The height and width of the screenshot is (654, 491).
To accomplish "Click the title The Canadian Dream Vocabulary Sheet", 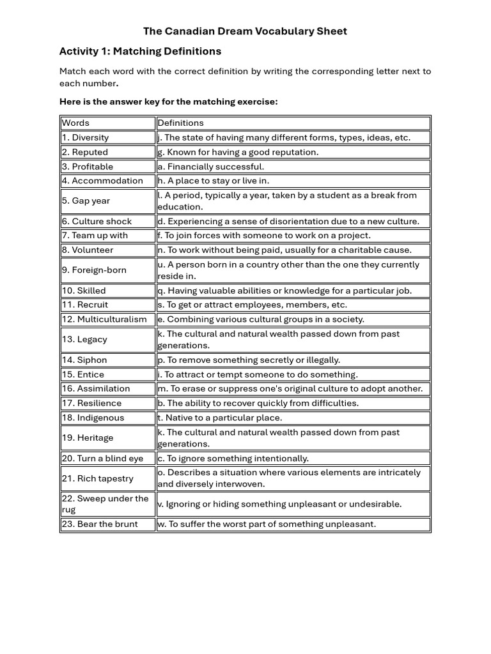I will pyautogui.click(x=245, y=31).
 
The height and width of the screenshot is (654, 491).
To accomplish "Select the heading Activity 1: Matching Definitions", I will pyautogui.click(x=140, y=51).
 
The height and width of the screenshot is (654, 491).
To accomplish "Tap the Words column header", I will pyautogui.click(x=75, y=123).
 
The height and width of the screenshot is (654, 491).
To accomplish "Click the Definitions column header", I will pyautogui.click(x=180, y=123).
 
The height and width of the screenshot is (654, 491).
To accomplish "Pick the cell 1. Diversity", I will pyautogui.click(x=85, y=137).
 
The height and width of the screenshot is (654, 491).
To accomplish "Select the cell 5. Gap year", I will pyautogui.click(x=86, y=201).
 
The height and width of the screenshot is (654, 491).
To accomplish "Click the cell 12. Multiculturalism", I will pyautogui.click(x=104, y=319).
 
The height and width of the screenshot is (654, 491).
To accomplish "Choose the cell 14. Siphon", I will pyautogui.click(x=84, y=360).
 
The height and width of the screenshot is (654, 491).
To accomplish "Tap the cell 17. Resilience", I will pyautogui.click(x=92, y=403).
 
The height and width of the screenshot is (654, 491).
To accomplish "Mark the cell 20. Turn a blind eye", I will pyautogui.click(x=102, y=458).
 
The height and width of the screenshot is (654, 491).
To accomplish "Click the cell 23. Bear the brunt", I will pyautogui.click(x=100, y=524).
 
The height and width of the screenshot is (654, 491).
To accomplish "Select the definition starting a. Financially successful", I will pyautogui.click(x=210, y=166).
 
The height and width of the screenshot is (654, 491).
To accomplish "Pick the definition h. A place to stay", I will pyautogui.click(x=213, y=181).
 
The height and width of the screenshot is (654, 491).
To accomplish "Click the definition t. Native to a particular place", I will pyautogui.click(x=219, y=418).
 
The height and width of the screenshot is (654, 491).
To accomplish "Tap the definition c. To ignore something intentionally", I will pyautogui.click(x=233, y=458).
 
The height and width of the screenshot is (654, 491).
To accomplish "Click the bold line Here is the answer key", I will pyautogui.click(x=168, y=102).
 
